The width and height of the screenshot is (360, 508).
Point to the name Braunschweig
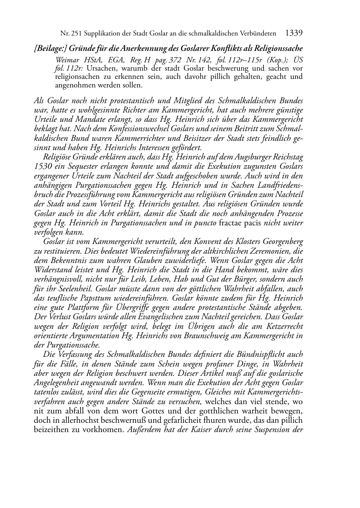pos(216,336)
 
